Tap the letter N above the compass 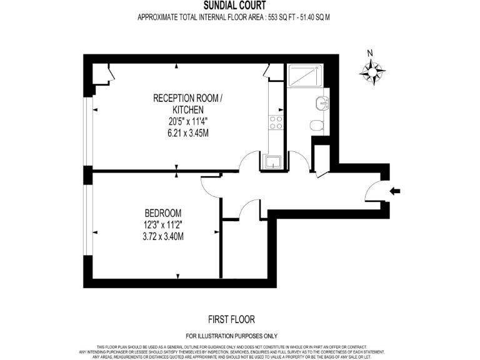[x=370, y=53]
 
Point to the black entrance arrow [x=394, y=191]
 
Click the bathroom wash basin [x=321, y=104]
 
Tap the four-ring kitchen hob [x=275, y=123]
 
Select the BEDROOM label [x=161, y=212]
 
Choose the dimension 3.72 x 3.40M [x=161, y=236]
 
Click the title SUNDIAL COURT [x=234, y=6]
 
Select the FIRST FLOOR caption [x=231, y=319]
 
